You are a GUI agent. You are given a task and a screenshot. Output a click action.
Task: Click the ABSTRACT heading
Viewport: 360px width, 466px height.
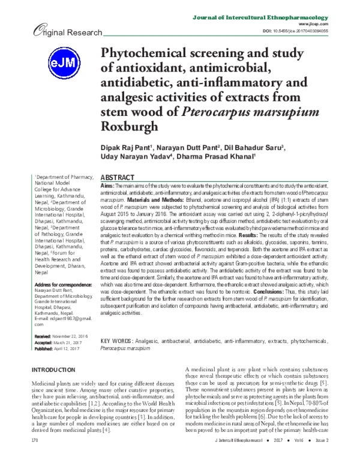[117, 179]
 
